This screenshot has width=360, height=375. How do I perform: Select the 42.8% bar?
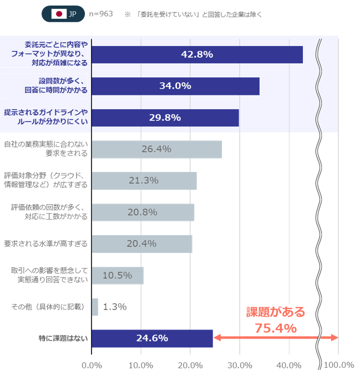click(x=197, y=54)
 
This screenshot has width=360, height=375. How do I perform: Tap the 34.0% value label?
click(x=175, y=86)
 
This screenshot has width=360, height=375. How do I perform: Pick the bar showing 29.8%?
click(x=165, y=118)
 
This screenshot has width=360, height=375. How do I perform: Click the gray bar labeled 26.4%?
click(x=156, y=149)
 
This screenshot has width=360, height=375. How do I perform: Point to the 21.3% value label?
click(x=144, y=180)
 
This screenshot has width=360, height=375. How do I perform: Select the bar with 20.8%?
click(x=143, y=212)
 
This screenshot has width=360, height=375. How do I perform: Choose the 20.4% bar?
click(x=141, y=244)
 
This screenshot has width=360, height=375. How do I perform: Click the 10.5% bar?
click(x=118, y=275)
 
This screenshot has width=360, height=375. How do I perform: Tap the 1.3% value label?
click(x=114, y=307)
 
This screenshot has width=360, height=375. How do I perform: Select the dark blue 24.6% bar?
click(x=152, y=338)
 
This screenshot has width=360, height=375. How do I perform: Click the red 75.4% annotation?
click(x=276, y=328)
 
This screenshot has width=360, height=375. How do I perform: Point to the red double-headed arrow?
click(x=276, y=337)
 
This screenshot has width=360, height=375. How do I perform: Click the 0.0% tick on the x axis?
click(x=92, y=365)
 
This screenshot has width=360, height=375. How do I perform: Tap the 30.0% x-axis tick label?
click(x=240, y=365)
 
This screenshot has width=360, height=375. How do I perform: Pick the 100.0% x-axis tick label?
click(x=338, y=365)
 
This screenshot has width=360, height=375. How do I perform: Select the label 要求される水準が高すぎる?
click(x=46, y=244)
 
